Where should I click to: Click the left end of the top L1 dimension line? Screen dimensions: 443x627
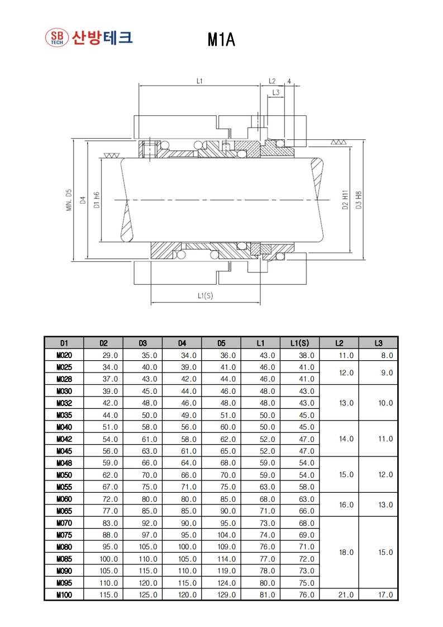tap(139, 86)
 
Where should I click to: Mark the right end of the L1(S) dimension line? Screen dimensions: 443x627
tap(260, 303)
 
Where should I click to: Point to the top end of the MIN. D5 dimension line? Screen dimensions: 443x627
tap(73, 140)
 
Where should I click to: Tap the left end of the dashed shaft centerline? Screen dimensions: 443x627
tap(115, 200)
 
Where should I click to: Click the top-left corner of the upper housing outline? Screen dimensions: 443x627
tap(134, 116)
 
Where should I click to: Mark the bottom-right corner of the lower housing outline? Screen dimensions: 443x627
tap(306, 284)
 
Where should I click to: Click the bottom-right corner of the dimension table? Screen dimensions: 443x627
tap(398, 600)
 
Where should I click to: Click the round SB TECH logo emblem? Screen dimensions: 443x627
tap(57, 38)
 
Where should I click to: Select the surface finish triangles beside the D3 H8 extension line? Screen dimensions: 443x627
tap(339, 142)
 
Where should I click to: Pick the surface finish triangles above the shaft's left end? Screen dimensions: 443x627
tap(111, 155)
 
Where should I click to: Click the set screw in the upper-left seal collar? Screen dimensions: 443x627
tap(149, 149)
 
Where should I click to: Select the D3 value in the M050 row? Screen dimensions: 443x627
tap(149, 475)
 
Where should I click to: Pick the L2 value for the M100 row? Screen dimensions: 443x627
tap(346, 595)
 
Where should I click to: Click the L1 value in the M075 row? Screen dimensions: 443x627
tap(267, 535)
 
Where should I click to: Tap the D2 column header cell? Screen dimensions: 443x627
tap(103, 343)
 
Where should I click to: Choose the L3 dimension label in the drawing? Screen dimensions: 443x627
tap(275, 92)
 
